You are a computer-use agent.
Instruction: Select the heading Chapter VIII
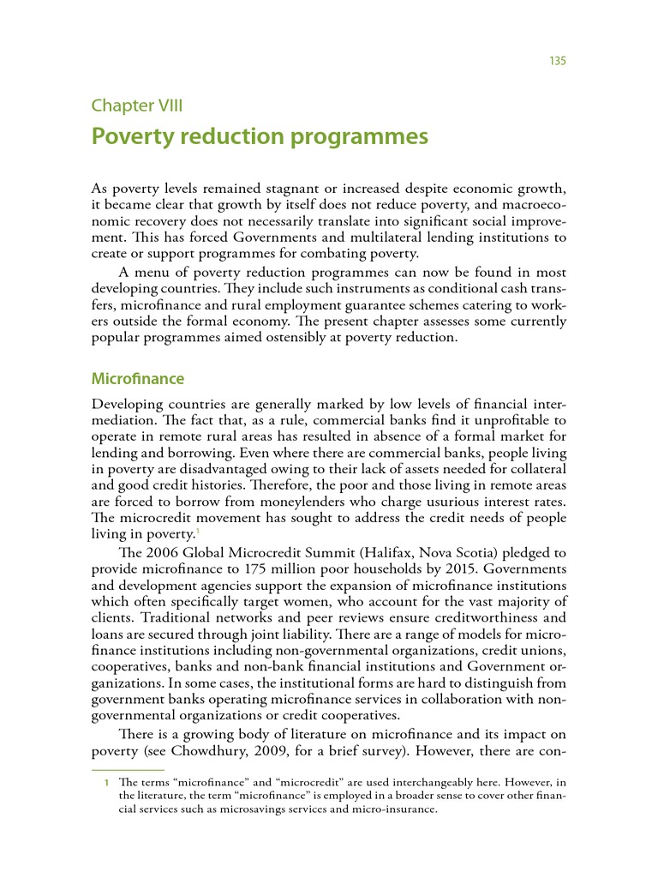pos(137,105)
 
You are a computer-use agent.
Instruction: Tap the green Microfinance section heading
pos(137,378)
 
